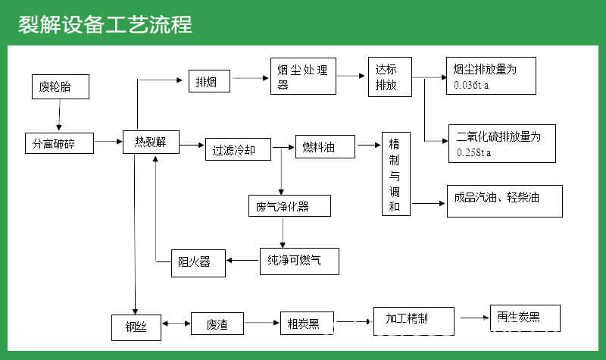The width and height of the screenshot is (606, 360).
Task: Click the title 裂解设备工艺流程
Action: point(105,24)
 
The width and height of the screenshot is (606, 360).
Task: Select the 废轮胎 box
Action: point(60,86)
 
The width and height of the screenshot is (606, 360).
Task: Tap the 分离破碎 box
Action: point(59,142)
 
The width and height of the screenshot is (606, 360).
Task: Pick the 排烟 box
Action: point(209,81)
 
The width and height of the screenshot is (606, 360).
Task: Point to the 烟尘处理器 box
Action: point(303,77)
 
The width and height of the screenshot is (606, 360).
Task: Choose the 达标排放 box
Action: point(389,77)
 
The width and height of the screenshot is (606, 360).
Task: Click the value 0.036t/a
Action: point(472,85)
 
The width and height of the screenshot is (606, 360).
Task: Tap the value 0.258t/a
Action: point(475,153)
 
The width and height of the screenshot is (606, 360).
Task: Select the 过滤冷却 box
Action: point(238,149)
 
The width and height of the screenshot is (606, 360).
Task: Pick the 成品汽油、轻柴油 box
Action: point(503,202)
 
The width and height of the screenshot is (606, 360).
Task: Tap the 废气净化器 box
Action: point(289,205)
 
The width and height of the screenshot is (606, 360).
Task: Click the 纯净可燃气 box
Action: point(298,261)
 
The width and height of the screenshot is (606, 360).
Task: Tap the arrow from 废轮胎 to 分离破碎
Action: point(59,115)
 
